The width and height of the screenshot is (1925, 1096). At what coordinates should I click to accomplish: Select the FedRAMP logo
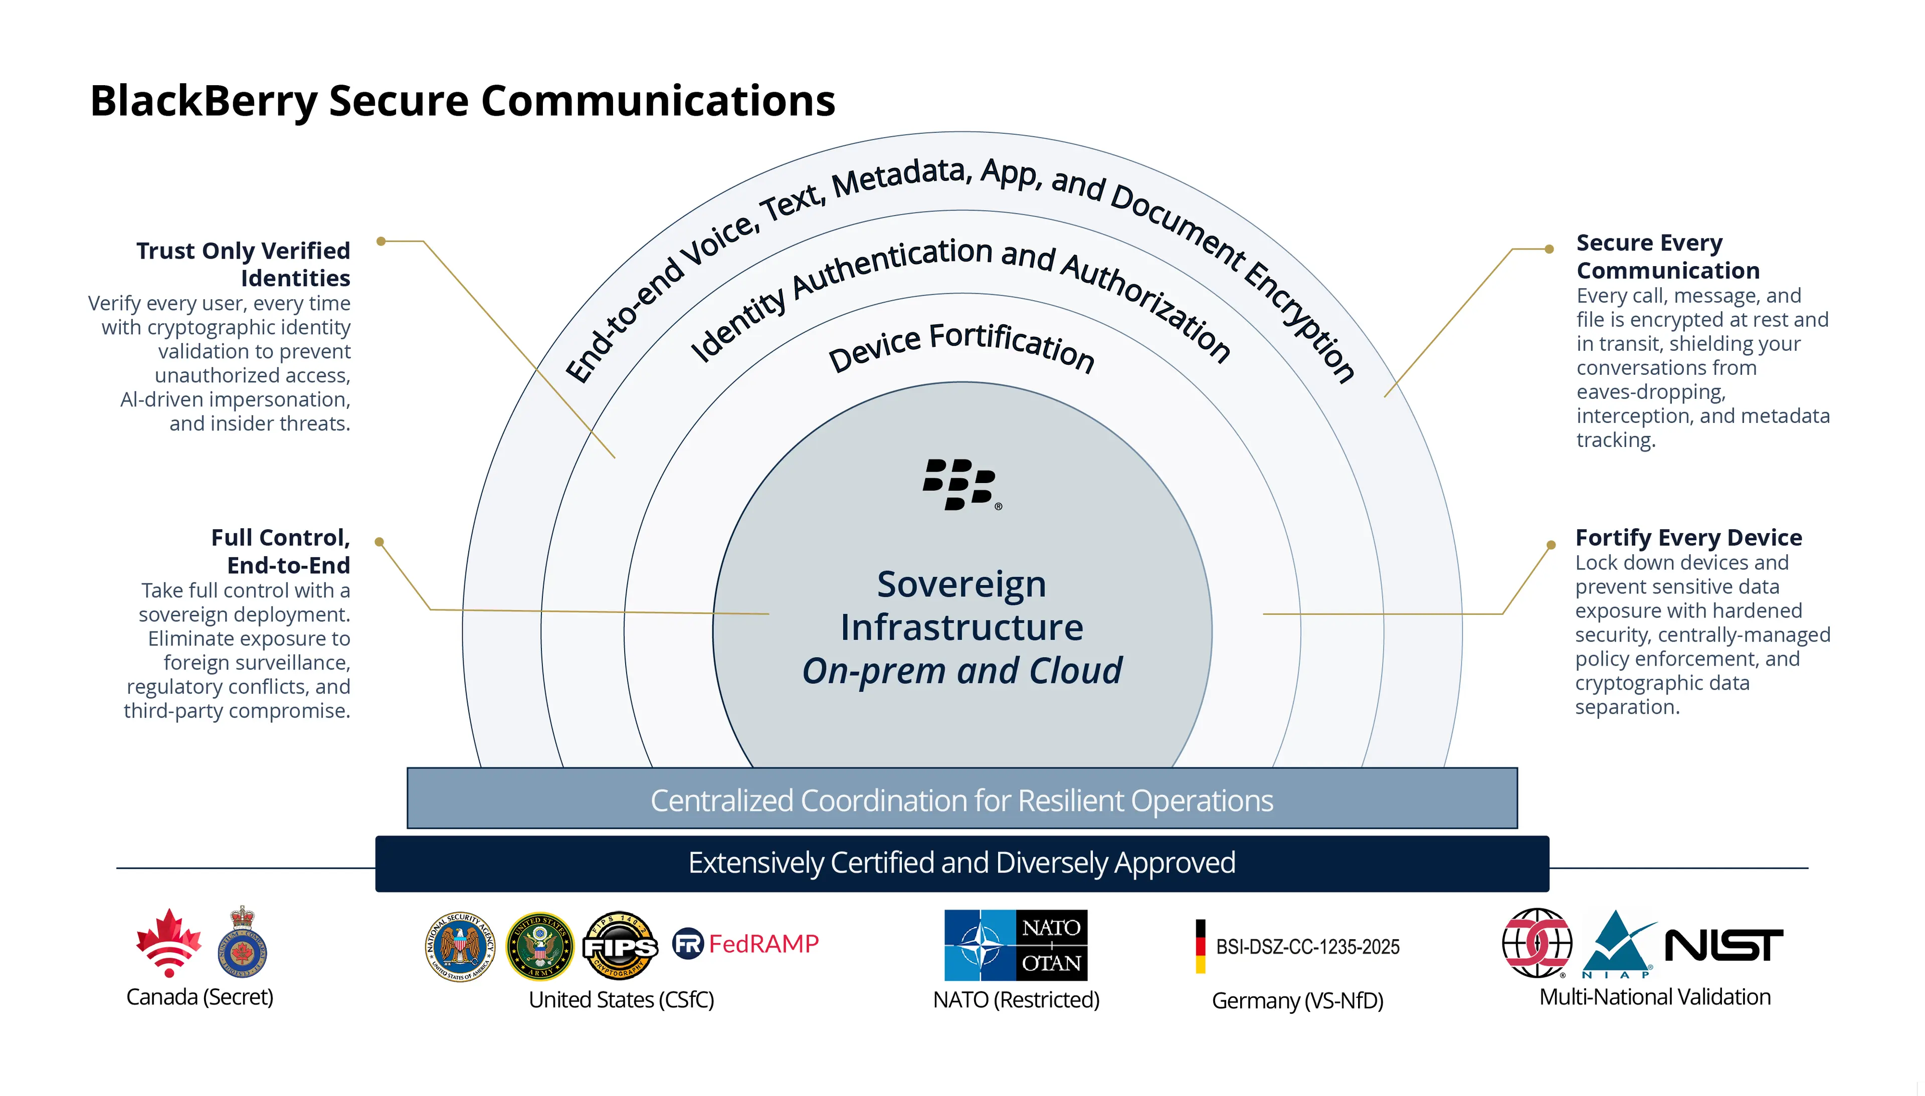[x=745, y=943]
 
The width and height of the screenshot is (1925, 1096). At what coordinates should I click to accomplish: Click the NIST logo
[x=1723, y=946]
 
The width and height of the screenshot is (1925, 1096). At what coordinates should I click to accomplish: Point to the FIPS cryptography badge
[x=620, y=946]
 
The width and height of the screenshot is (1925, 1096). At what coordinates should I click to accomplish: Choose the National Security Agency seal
[x=460, y=946]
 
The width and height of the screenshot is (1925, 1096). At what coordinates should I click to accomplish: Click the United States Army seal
[x=540, y=946]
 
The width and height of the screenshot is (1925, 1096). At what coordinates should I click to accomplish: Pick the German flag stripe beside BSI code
[x=1200, y=946]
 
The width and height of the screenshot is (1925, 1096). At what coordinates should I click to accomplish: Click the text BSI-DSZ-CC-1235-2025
[x=1308, y=946]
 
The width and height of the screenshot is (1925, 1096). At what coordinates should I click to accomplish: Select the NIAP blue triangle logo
[x=1617, y=945]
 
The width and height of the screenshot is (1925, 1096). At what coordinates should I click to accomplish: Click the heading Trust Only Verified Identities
[x=243, y=264]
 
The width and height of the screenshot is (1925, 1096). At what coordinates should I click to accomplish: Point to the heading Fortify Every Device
[x=1688, y=537]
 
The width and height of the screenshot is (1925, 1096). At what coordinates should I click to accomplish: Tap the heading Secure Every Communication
[x=1667, y=256]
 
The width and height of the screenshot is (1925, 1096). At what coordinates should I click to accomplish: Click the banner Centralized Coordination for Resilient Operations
[x=961, y=799]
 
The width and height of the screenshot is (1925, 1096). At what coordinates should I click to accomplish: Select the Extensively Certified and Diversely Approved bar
[x=961, y=862]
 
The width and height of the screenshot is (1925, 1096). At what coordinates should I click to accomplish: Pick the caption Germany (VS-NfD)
[x=1297, y=1000]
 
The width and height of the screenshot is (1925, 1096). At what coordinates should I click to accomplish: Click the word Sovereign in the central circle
[x=961, y=584]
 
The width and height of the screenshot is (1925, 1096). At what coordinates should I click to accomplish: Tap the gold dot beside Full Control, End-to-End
[x=379, y=542]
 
